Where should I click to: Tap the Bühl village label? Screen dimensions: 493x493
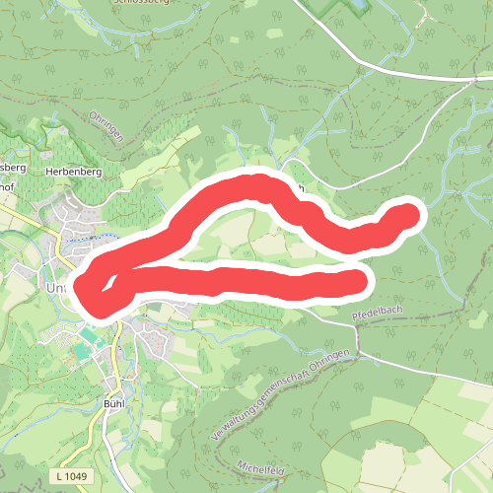coord(117,403)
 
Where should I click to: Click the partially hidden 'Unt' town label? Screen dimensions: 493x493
coord(58,287)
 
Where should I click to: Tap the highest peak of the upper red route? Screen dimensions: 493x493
coord(258,182)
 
